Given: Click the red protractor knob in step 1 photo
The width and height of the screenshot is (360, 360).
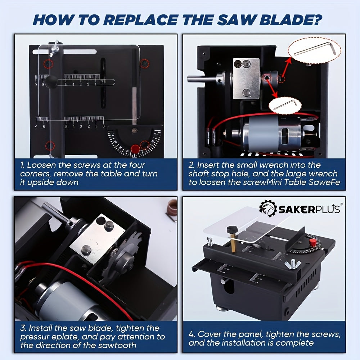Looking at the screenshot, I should (x=135, y=148).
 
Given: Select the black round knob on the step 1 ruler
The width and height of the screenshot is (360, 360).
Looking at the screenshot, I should (x=50, y=81).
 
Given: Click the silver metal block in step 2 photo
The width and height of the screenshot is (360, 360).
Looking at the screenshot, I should (x=246, y=78).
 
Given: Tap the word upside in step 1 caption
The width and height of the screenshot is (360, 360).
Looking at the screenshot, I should (x=43, y=183).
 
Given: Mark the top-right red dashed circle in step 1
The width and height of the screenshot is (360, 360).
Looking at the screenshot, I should (x=145, y=63).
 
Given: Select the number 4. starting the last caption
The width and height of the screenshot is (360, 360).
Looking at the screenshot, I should (x=192, y=334).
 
